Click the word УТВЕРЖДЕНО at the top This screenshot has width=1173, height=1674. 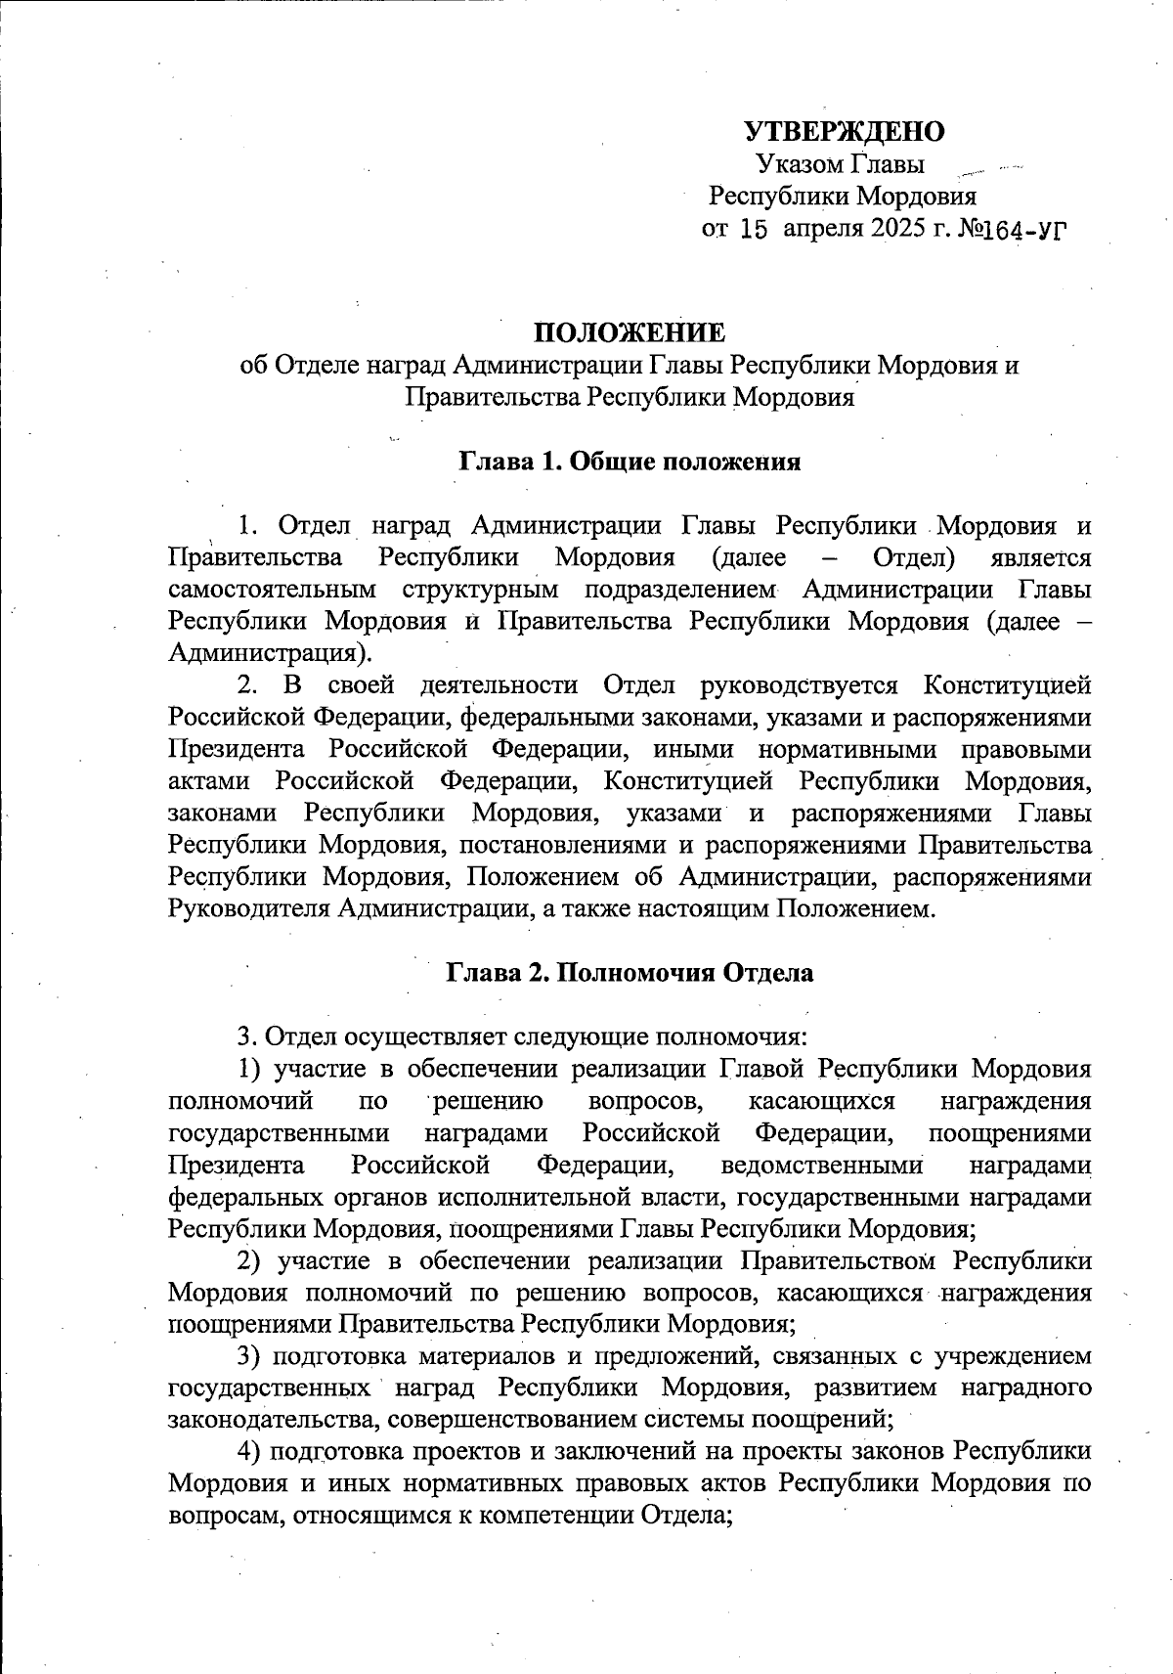[x=845, y=131]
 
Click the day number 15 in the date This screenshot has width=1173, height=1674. [x=751, y=231]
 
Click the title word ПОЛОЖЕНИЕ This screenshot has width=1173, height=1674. [x=630, y=333]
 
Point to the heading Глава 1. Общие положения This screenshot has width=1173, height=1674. [x=630, y=462]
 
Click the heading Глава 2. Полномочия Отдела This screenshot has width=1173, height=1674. [x=630, y=973]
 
